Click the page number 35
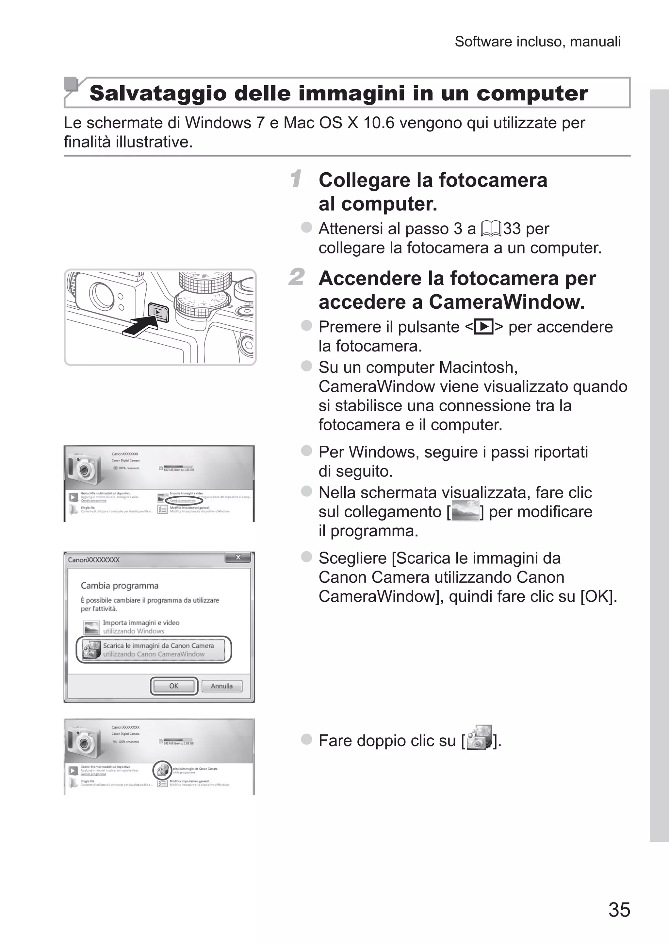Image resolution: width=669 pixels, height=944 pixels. click(619, 909)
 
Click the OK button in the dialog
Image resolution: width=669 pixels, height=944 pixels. click(174, 686)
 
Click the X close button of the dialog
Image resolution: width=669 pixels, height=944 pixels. click(238, 557)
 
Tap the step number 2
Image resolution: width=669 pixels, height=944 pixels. click(297, 277)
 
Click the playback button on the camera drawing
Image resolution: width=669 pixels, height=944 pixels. click(158, 312)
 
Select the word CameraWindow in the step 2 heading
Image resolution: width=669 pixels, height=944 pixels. click(507, 302)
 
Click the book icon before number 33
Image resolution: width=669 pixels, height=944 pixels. click(491, 228)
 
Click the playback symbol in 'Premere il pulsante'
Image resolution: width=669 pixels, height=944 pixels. click(484, 327)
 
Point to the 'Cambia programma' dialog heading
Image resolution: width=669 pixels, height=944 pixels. click(120, 585)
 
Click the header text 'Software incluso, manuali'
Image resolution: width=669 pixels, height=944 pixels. click(538, 42)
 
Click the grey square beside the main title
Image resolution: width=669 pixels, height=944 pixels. click(71, 84)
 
